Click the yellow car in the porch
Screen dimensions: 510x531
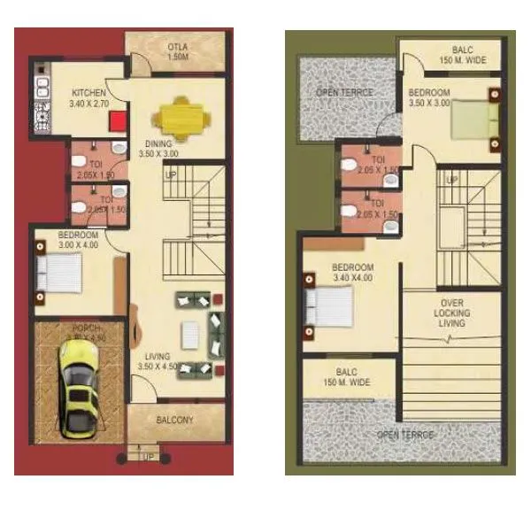tap(77, 389)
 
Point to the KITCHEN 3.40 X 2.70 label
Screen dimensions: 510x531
tap(88, 97)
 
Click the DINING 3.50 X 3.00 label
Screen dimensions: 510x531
tap(158, 149)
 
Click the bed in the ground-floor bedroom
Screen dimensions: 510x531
tap(60, 273)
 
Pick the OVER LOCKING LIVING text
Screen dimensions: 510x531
tap(451, 313)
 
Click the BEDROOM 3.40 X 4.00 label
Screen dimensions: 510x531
tap(352, 272)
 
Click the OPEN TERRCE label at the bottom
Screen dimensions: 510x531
tap(405, 435)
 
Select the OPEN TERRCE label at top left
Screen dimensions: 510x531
tap(344, 93)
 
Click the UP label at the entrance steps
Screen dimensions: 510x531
tap(147, 457)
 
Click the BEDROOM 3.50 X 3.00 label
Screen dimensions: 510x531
tap(429, 97)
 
